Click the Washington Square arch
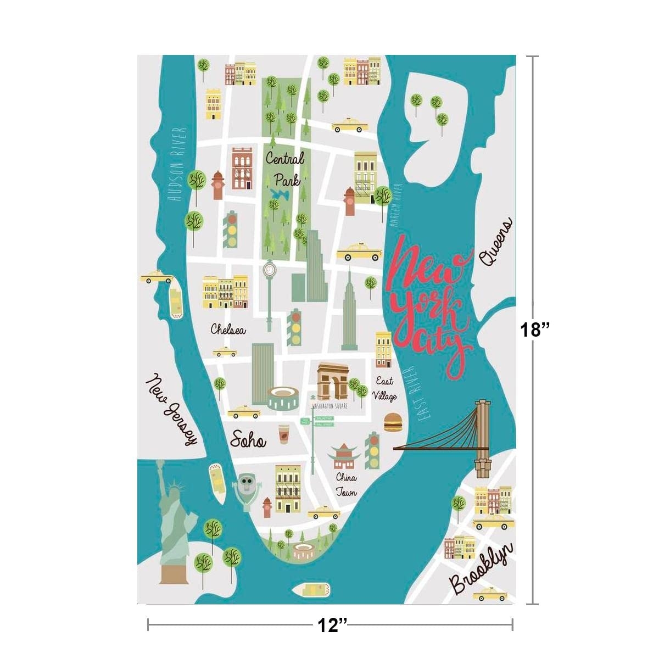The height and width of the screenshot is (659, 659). coord(332,382)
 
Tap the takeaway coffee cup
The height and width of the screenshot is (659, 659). coord(283,433)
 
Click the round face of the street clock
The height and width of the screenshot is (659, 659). coord(269,270)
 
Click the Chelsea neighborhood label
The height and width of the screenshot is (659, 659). coord(228,329)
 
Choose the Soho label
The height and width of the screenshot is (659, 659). coord(248,440)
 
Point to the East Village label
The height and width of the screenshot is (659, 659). coord(384,388)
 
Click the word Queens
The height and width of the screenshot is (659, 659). coord(495,242)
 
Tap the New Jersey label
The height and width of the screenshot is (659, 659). coord(171,409)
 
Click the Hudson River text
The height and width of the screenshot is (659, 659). coord(177,164)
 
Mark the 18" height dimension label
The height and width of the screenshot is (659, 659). coord(535,330)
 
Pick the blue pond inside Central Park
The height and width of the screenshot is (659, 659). coord(281,194)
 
